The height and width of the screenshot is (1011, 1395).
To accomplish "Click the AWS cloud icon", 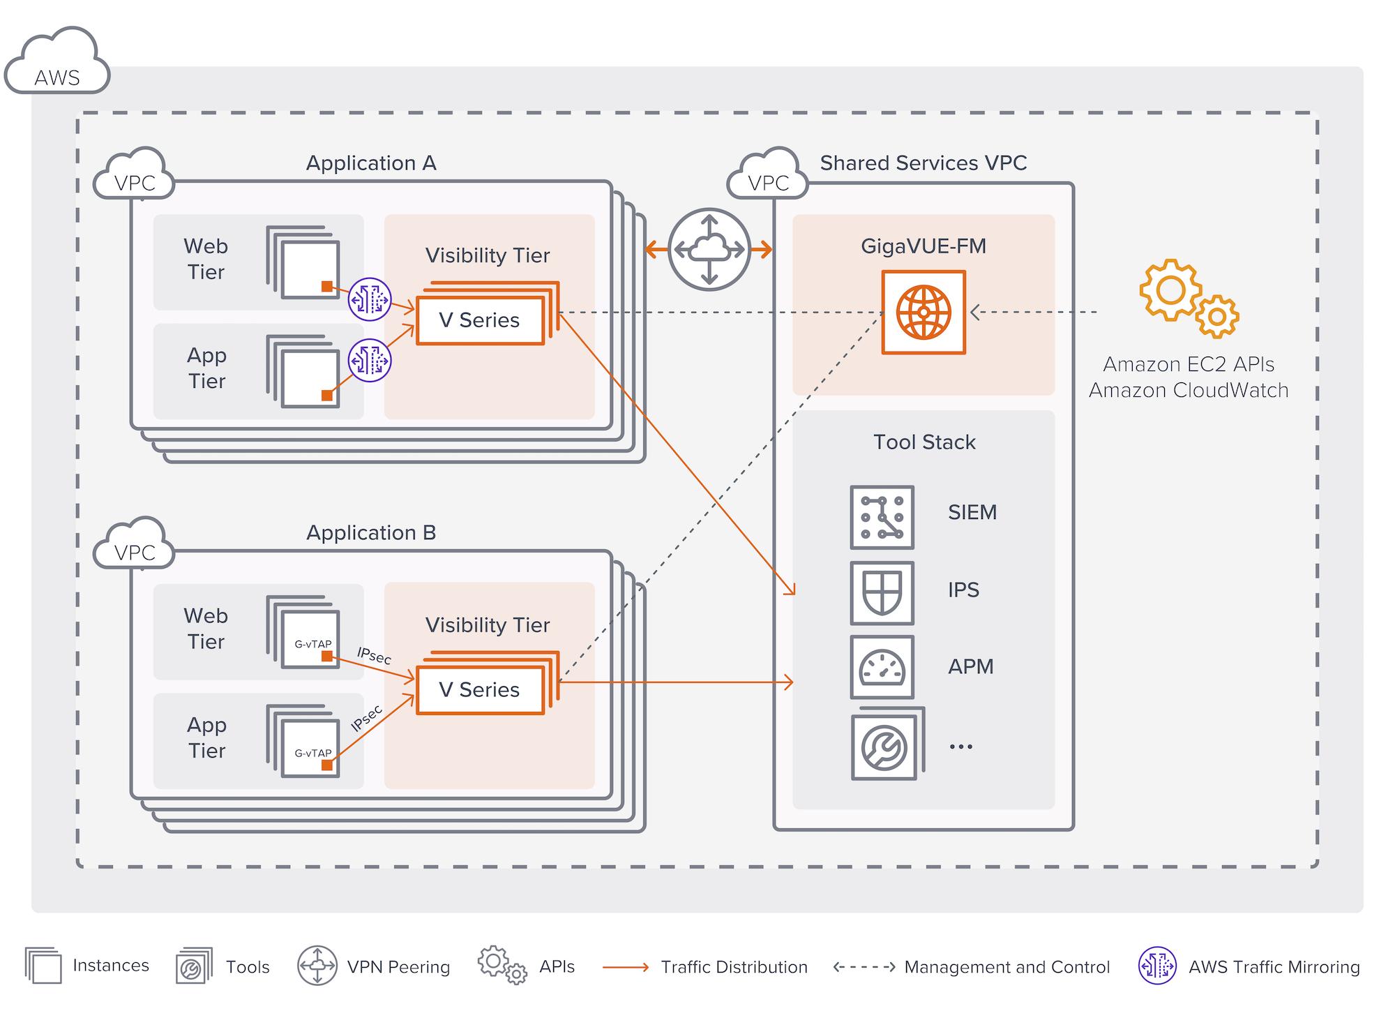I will point(57,64).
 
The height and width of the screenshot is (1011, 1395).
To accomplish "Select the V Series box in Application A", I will point(480,320).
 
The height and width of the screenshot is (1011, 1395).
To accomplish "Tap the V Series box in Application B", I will point(480,690).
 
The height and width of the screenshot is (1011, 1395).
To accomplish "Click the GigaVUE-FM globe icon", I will point(923,312).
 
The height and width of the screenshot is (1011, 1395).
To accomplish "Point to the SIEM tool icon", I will point(882,517).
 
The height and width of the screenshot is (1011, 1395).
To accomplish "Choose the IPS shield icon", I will point(882,592).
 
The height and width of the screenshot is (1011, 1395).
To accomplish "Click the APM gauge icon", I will point(882,667).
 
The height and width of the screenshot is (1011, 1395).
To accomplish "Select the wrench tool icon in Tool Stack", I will point(884,747).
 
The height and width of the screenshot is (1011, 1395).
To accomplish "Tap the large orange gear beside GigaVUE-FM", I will point(1170,290).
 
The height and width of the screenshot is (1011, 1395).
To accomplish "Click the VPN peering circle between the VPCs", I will point(709,249).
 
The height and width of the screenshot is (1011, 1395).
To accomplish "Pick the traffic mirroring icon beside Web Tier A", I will point(370,299).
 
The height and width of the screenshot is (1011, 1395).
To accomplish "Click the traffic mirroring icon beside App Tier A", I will point(370,360).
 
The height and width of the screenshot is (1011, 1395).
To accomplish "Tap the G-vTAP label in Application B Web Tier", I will point(312,644).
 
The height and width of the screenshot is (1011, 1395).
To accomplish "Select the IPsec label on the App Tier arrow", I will point(367,718).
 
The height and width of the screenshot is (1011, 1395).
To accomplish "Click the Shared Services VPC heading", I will point(923,163).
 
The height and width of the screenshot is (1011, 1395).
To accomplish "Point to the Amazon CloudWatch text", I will point(1188,390).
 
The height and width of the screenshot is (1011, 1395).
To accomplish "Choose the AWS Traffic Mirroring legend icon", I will point(1157,966).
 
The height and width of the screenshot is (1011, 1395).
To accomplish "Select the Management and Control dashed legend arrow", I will point(864,967).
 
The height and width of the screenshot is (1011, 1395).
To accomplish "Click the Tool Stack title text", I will point(924,442).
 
